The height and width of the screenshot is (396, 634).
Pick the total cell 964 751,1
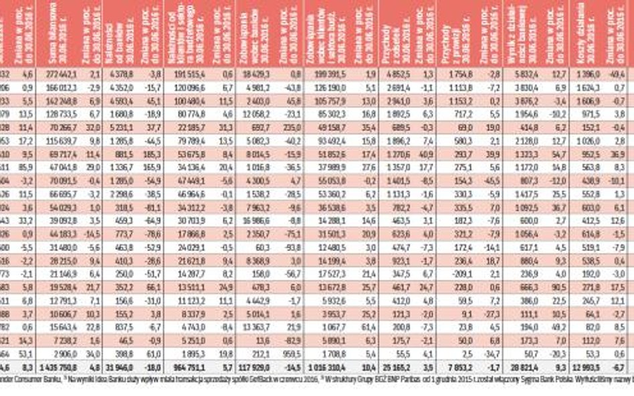click(189, 366)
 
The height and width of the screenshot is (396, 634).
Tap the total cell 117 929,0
click(254, 366)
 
